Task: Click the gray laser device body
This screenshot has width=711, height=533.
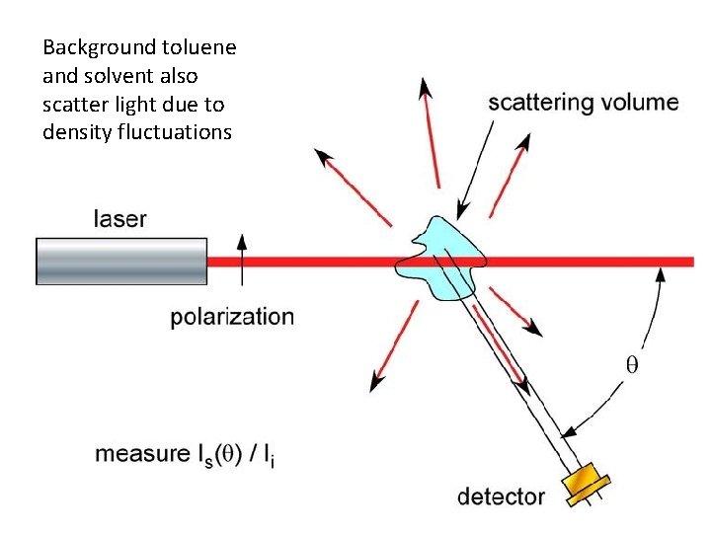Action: tap(121, 262)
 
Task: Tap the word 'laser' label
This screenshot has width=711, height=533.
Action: tap(120, 217)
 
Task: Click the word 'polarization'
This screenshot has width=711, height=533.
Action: tap(232, 317)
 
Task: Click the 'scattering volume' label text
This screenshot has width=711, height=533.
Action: tap(584, 103)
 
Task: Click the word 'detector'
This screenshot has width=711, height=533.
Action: tap(501, 495)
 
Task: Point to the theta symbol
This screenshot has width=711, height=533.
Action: tap(633, 364)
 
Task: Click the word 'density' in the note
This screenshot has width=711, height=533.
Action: tap(73, 131)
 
